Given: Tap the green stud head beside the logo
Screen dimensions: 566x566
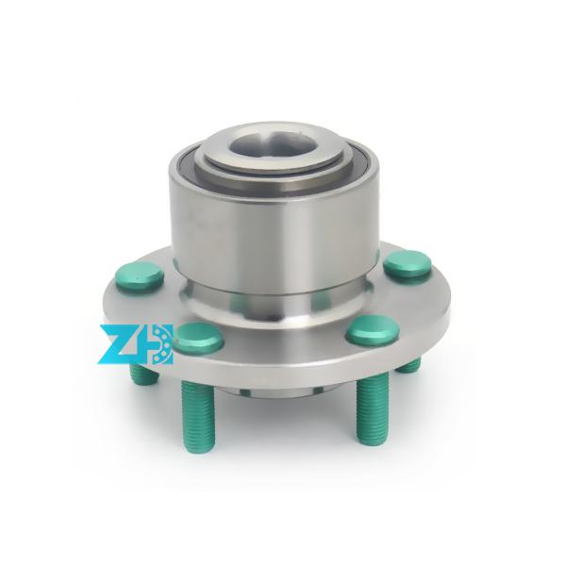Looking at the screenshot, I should (199, 336).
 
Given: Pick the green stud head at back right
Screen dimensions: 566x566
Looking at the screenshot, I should (408, 262).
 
